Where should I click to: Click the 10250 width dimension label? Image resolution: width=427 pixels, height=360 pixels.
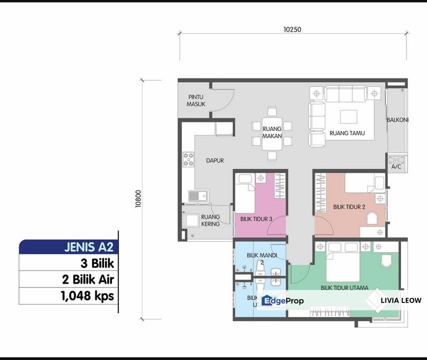point(292,29)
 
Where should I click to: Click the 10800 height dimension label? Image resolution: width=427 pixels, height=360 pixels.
point(139,199)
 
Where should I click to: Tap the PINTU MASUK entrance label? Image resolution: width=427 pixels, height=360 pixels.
point(196,100)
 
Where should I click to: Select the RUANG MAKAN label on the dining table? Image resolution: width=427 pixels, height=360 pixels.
point(272,132)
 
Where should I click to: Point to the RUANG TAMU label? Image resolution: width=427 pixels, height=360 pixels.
point(346,133)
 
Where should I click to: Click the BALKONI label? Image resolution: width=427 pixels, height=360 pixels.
point(397,120)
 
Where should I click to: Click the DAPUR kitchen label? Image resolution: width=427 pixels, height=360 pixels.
point(214,161)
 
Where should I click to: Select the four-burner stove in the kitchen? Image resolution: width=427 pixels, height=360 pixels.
point(188,159)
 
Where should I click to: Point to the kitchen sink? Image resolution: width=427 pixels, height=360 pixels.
point(197,195)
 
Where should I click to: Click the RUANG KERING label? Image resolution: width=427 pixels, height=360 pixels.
point(210,220)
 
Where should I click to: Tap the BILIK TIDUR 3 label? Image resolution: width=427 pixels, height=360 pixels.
point(256,219)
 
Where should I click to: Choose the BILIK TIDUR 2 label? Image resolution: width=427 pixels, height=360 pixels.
point(349,206)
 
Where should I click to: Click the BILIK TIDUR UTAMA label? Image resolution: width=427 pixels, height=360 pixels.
point(344,288)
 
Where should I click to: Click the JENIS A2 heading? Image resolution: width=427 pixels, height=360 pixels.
point(89,247)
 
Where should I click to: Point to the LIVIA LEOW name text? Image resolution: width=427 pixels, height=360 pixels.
point(401,300)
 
